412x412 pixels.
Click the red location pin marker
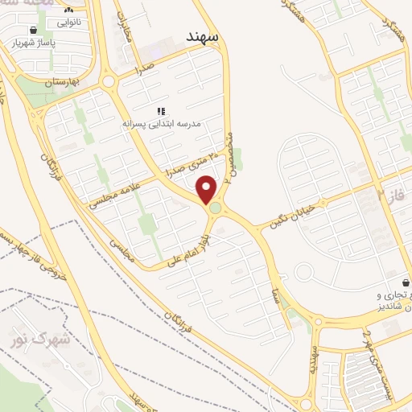(x=208, y=189)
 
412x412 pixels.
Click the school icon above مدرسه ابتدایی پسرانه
(x=160, y=110)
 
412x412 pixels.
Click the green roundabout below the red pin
(x=216, y=210)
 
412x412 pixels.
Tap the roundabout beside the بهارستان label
(x=108, y=81)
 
